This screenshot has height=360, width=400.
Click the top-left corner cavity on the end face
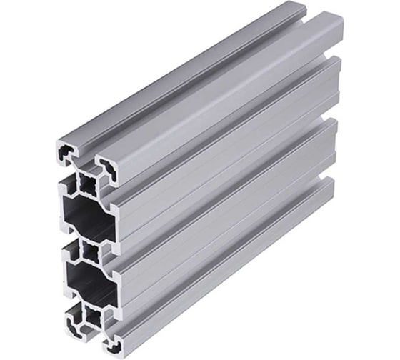[64, 152]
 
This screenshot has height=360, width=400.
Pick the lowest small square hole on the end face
[93, 314]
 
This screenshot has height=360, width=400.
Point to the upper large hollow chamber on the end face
[84, 216]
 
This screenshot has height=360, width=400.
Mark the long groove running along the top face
[200, 82]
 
